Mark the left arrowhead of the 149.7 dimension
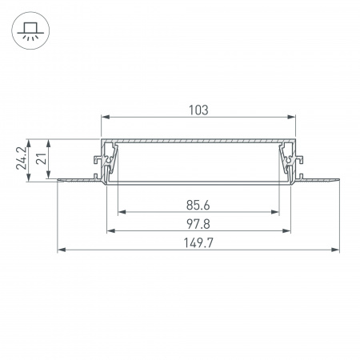[x=61, y=250]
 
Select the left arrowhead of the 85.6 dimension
[x=121, y=213]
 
